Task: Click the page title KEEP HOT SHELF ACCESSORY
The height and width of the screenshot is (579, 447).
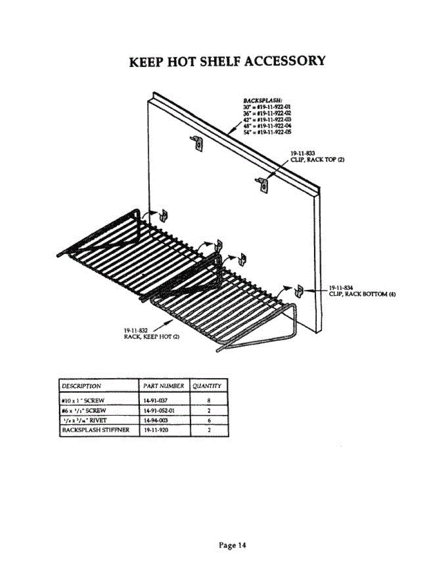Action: pos(228,62)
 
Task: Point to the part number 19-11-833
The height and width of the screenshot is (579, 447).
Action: pos(300,153)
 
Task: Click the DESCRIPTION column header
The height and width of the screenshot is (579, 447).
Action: pos(81,386)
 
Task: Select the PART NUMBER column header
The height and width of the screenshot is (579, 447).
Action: pos(164,386)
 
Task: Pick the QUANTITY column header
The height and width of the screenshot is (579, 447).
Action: pos(207,386)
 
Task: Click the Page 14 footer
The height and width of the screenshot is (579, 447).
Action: pos(232,545)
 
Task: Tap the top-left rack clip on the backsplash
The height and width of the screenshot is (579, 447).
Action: pos(197,143)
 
